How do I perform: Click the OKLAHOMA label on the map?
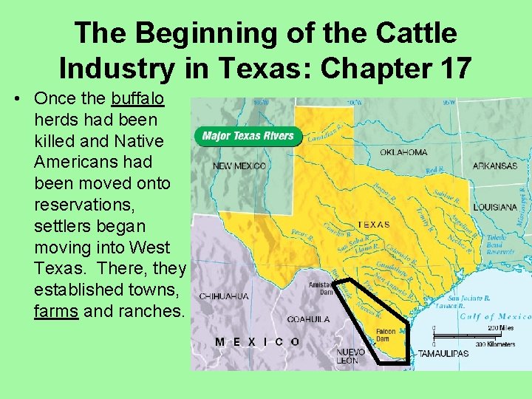click(403, 152)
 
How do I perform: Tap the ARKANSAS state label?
click(495, 166)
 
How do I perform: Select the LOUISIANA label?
click(495, 207)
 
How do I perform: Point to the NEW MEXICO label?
click(239, 166)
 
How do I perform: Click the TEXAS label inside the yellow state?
click(373, 224)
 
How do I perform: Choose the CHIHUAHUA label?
click(224, 296)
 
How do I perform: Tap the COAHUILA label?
click(309, 320)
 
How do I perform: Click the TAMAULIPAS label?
click(443, 354)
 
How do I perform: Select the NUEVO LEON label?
click(347, 356)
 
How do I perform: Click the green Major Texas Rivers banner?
click(248, 136)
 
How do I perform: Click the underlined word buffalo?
click(137, 98)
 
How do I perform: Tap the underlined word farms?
click(56, 311)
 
